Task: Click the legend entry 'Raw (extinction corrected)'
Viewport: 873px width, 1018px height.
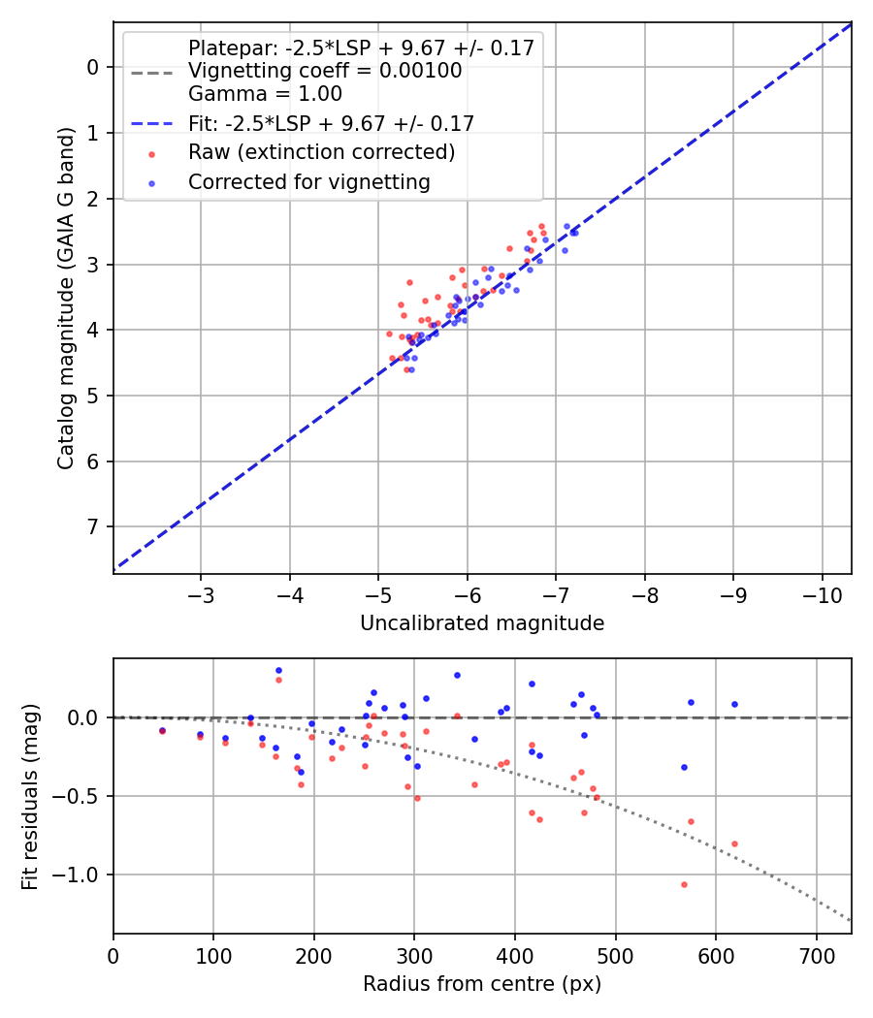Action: (321, 152)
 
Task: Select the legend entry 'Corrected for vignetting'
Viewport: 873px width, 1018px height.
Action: (308, 181)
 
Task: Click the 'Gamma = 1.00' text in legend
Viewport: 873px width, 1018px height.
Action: (265, 94)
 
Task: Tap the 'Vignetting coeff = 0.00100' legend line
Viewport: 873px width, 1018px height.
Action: (325, 71)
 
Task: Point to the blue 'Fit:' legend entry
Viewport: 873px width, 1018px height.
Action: (331, 123)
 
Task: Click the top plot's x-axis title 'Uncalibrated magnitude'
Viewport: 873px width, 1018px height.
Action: (482, 623)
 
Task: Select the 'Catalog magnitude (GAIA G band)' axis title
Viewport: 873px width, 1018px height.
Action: (65, 296)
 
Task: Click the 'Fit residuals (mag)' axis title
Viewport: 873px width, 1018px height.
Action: (30, 796)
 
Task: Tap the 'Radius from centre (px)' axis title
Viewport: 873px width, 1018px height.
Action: (482, 984)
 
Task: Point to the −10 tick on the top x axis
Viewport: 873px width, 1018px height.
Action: (822, 593)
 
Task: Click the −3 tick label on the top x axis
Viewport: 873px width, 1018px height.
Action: (201, 593)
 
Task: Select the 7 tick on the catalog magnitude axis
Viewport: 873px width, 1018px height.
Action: (94, 526)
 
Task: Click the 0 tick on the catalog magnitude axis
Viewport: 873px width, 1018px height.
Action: (94, 67)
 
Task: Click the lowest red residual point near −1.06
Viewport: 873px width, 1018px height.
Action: (684, 884)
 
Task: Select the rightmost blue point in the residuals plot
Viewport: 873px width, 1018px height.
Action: (734, 704)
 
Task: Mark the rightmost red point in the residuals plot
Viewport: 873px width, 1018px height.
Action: (734, 843)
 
